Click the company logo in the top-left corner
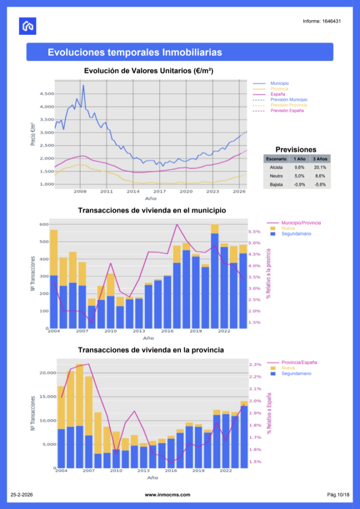pos(28,26)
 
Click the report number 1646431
pos(321,21)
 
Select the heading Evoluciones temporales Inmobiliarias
pos(135,52)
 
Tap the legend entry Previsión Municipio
pos(288,99)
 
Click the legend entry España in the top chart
pos(277,94)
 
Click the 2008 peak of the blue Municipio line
pos(83,85)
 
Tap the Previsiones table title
pos(296,149)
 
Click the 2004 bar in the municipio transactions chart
pos(54,278)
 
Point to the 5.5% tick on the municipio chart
pos(254,232)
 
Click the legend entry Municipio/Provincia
pos(301,223)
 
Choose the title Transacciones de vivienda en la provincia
pos(151,350)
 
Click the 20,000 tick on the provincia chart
pos(45,373)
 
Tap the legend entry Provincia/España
pos(299,363)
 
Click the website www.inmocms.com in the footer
pos(168,495)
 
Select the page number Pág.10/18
pos(338,495)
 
